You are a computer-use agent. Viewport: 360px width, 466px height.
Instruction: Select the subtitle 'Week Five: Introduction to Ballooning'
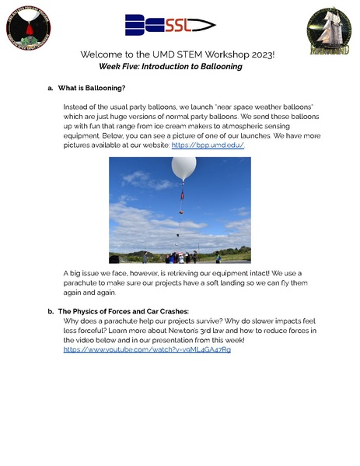pos(170,67)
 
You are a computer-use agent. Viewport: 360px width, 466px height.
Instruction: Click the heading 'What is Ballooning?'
pos(92,88)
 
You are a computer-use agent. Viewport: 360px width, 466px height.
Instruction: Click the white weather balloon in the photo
pos(183,168)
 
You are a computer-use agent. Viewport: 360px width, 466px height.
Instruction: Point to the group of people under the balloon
pos(180,256)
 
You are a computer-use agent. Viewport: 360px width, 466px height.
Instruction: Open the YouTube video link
pos(147,349)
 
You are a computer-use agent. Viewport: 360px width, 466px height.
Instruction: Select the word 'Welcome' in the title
pos(105,55)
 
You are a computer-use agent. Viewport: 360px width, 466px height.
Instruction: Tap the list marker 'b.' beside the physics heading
pos(51,311)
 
